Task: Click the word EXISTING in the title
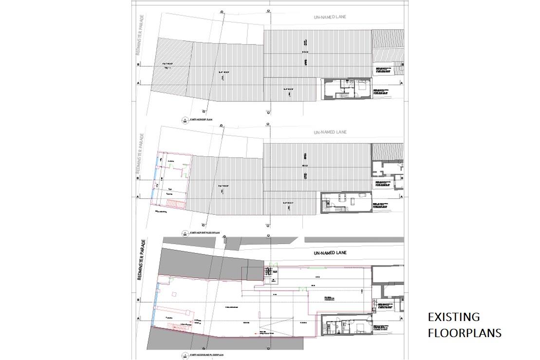click(x=453, y=317)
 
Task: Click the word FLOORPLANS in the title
click(x=465, y=333)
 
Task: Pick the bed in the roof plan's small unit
click(x=363, y=88)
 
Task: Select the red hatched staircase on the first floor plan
click(x=174, y=202)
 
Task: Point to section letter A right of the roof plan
click(x=401, y=83)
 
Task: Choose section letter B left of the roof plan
click(x=138, y=65)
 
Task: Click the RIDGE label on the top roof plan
click(x=305, y=52)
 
